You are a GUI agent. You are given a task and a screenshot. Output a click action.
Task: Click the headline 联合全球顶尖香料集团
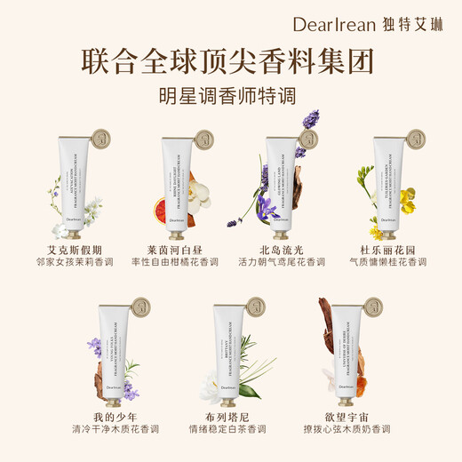click(x=229, y=61)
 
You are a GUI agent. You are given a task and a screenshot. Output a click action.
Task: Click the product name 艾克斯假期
click(x=73, y=250)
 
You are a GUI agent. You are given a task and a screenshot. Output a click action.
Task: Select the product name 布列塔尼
click(x=231, y=415)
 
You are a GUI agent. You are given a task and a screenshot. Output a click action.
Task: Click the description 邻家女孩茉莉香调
click(x=73, y=263)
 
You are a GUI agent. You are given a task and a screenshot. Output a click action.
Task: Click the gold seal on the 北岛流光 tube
click(x=308, y=139)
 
